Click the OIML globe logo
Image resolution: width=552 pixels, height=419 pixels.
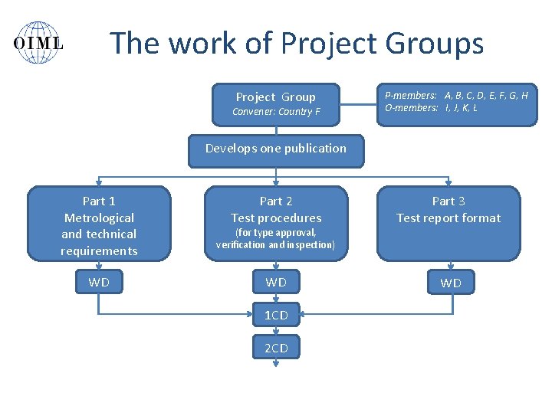pos(38,42)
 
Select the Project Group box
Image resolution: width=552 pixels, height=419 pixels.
pos(276,104)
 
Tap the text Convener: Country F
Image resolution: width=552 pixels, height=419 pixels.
pos(276,112)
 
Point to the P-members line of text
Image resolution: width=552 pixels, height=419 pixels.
pos(456,95)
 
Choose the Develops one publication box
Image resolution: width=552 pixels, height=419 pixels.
pos(276,149)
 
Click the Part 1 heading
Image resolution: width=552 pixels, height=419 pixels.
pos(99,201)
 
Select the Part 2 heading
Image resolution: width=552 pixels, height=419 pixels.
pos(276,201)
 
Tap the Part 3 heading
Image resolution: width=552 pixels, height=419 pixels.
pos(449,201)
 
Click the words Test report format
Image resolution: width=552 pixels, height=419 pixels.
pos(449,218)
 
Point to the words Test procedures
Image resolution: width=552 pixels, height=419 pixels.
pos(276,218)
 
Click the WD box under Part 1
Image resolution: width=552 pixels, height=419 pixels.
pos(99,283)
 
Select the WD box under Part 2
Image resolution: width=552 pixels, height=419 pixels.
pos(276,283)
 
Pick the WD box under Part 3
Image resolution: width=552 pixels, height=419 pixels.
pos(451,283)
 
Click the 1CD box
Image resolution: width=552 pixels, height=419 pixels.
pos(276,316)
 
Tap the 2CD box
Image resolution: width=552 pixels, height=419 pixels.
pos(276,349)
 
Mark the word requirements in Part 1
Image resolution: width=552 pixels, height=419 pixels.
pos(99,251)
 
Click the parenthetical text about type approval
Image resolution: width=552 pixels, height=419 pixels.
pos(276,238)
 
